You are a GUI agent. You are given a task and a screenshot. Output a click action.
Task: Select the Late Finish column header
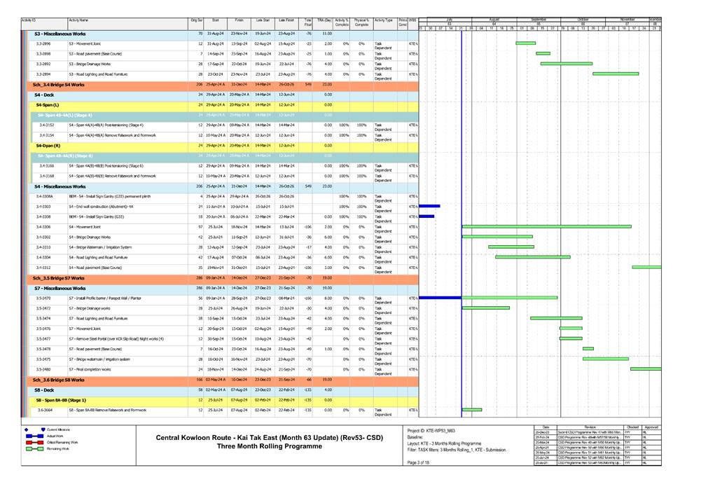pos(286,21)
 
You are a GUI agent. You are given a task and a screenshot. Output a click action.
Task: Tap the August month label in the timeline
pos(494,19)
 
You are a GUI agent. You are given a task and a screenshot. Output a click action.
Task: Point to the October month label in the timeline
pos(583,19)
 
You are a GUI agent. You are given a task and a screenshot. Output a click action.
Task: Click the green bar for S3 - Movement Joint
pos(525,43)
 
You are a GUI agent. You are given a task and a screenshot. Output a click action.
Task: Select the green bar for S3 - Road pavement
pos(543,53)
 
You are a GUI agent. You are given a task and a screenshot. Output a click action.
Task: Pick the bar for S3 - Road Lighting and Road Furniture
pos(615,74)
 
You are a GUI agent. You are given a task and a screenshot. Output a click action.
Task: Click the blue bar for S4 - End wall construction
pos(429,207)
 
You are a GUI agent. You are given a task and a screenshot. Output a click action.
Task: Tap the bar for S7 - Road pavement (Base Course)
pos(588,348)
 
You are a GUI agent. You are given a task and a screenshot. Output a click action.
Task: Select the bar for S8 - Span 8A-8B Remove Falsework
pos(472,410)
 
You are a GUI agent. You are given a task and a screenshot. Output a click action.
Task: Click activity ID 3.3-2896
pos(43,43)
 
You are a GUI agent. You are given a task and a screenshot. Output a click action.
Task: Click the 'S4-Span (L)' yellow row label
pos(47,104)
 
